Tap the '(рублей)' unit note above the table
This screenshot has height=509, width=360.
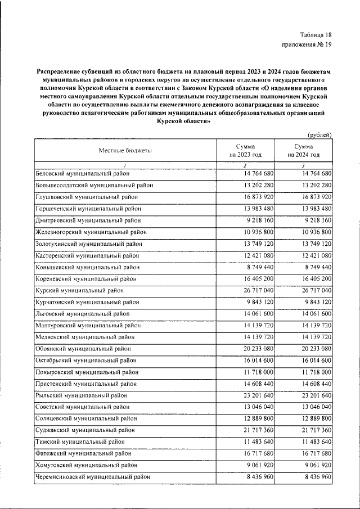point(319,134)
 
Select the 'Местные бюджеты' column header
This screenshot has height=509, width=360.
point(125,150)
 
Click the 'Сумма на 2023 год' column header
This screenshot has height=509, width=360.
point(245,150)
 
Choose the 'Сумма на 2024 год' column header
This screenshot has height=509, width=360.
point(303,150)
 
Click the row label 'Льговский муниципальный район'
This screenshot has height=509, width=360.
point(82,313)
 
